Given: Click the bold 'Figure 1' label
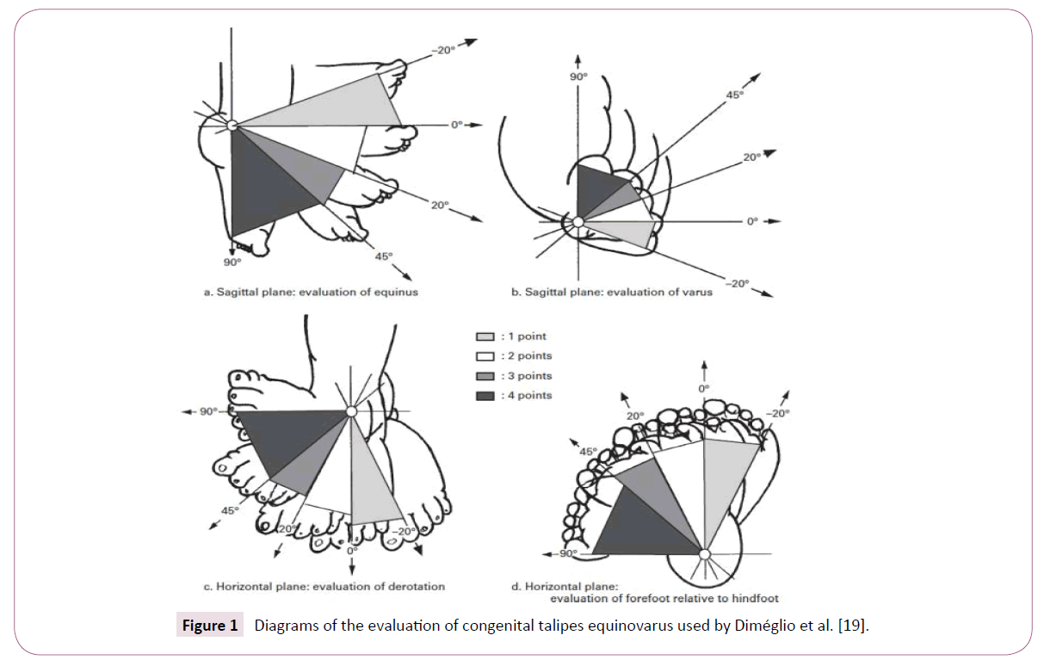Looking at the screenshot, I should [208, 626].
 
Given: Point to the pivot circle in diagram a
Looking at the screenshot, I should [232, 126].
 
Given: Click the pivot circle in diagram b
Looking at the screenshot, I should [578, 222].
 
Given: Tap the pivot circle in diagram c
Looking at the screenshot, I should [350, 412].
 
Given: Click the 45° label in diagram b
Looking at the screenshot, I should [734, 96].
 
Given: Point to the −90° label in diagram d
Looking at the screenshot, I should [565, 553].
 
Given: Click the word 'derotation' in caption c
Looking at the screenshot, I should [417, 587].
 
